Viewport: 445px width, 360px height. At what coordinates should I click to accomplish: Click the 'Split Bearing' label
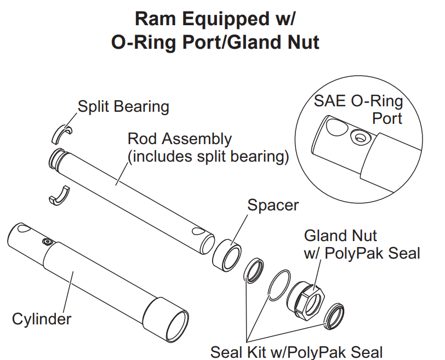pos(123,106)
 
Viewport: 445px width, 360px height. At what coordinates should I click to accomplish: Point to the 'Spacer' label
pos(273,205)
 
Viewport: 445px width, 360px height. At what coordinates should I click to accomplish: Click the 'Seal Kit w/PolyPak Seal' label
pos(296,351)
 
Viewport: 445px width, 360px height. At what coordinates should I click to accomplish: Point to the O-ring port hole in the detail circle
pos(359,135)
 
